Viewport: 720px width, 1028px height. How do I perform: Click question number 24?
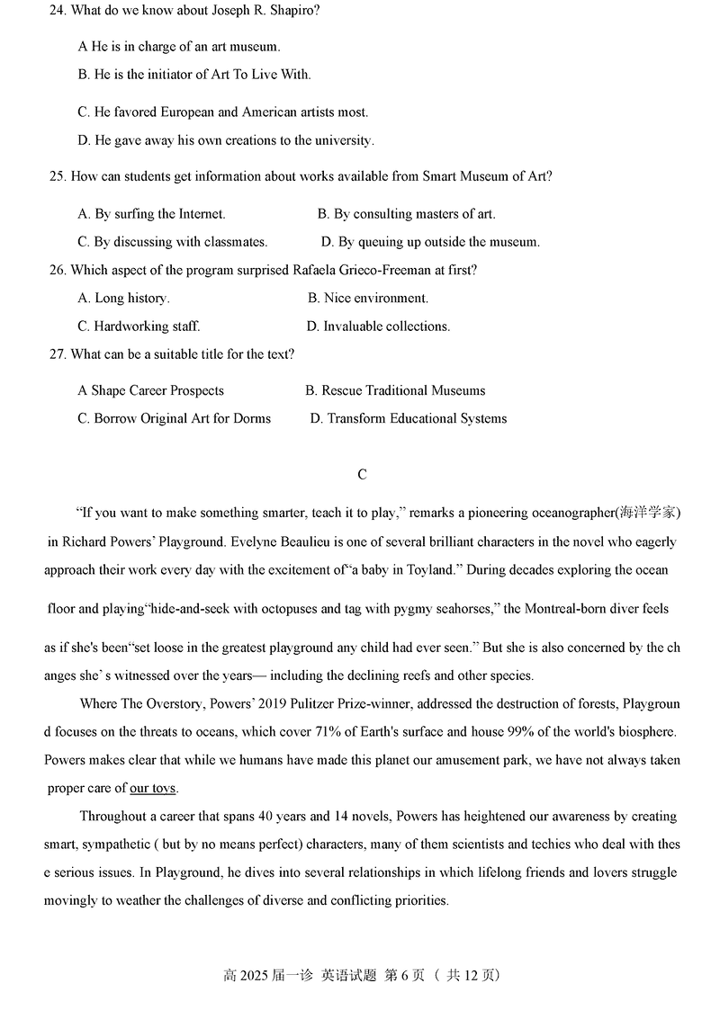(x=58, y=11)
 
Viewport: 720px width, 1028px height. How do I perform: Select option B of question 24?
(x=194, y=75)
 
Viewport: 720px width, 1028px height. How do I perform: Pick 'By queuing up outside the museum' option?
(x=430, y=242)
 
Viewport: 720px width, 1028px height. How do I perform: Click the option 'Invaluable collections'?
(x=378, y=326)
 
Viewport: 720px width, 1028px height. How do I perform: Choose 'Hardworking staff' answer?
(x=139, y=326)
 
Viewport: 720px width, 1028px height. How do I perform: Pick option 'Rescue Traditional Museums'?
(x=395, y=390)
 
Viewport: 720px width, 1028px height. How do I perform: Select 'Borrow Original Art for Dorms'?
(x=174, y=418)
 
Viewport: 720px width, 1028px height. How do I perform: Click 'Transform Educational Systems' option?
(x=409, y=418)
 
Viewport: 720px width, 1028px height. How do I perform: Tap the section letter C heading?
(x=362, y=475)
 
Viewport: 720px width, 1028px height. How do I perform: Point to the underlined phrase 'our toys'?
(x=153, y=789)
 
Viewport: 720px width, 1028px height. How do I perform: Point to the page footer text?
(x=361, y=975)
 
